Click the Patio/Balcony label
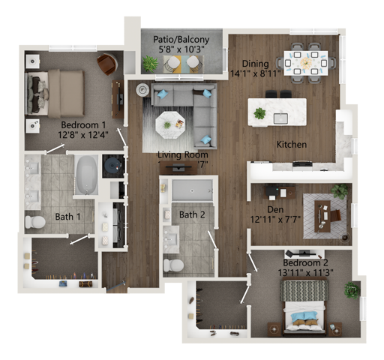coord(176,39)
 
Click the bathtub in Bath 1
coord(86,175)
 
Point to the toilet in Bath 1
coord(35,222)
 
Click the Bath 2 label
coord(192,215)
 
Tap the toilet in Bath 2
coord(174,265)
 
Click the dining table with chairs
coord(304,63)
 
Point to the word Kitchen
coord(291,144)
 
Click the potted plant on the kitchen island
coord(260,113)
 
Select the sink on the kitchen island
coord(281,118)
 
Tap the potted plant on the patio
coord(151,64)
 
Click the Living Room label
coord(182,155)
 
